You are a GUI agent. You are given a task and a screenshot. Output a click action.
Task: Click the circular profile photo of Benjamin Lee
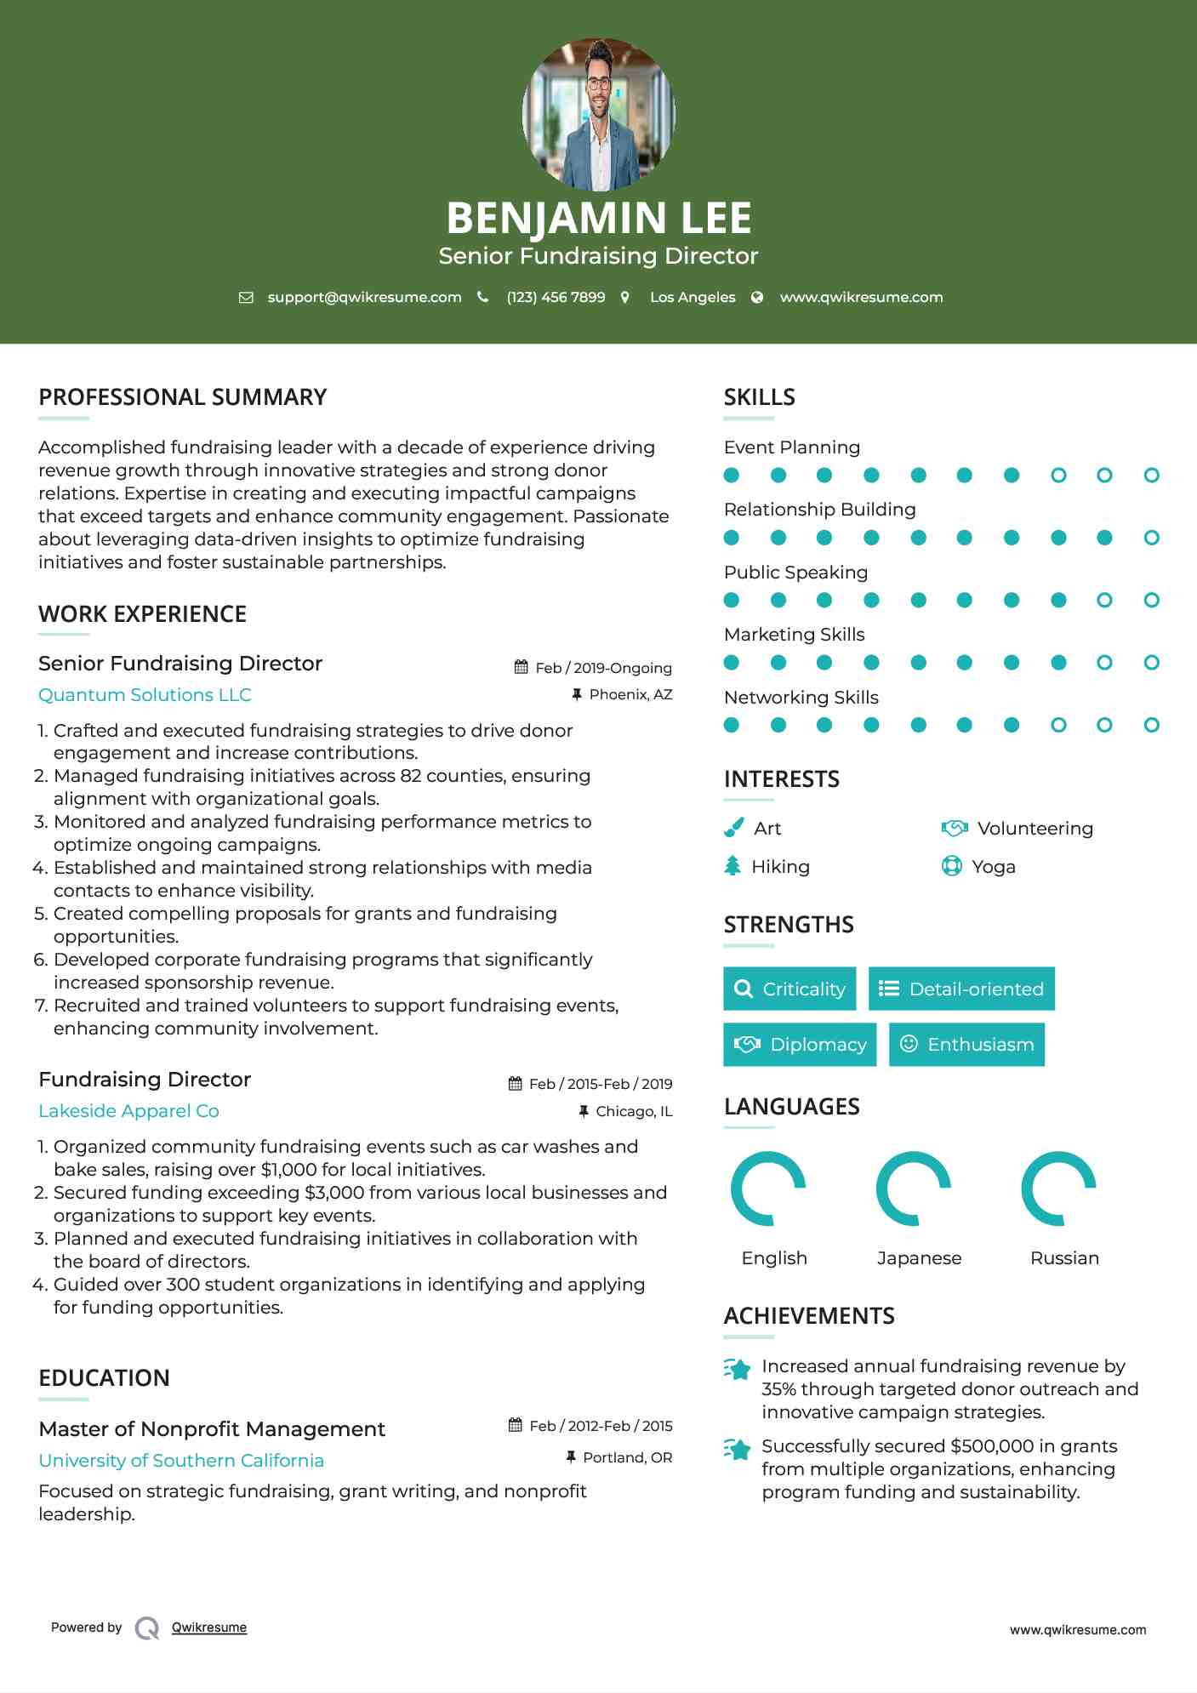point(598,114)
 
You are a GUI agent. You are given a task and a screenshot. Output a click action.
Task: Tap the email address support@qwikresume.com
point(364,297)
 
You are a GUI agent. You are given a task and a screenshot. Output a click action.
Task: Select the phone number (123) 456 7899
point(556,297)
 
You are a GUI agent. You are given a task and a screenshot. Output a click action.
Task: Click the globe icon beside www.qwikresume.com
point(757,297)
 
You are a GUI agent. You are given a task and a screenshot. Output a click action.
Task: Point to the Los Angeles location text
point(693,297)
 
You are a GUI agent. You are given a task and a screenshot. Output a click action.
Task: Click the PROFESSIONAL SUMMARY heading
point(183,397)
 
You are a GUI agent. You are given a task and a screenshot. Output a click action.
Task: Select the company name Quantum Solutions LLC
point(145,695)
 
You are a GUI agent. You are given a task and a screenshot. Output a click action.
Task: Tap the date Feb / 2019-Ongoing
point(603,668)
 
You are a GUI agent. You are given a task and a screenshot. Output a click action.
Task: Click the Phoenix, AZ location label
point(630,694)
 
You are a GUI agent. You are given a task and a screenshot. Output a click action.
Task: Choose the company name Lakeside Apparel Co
point(128,1111)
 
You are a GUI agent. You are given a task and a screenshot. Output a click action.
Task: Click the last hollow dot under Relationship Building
point(1151,538)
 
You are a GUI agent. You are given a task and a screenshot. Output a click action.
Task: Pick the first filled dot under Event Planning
point(732,475)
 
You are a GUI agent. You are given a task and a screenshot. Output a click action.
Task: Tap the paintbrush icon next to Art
point(733,828)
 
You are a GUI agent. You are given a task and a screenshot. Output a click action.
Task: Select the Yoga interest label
point(994,867)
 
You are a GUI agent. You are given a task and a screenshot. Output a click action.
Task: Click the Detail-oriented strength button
point(961,989)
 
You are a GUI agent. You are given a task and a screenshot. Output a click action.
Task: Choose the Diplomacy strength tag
point(800,1045)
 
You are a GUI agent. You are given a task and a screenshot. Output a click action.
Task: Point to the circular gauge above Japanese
point(914,1189)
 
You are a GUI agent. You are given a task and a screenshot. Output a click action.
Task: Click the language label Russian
point(1064,1258)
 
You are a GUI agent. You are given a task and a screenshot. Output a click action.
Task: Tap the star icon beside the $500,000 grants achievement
point(738,1449)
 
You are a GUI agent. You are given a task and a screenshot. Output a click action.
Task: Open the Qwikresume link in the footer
point(209,1627)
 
